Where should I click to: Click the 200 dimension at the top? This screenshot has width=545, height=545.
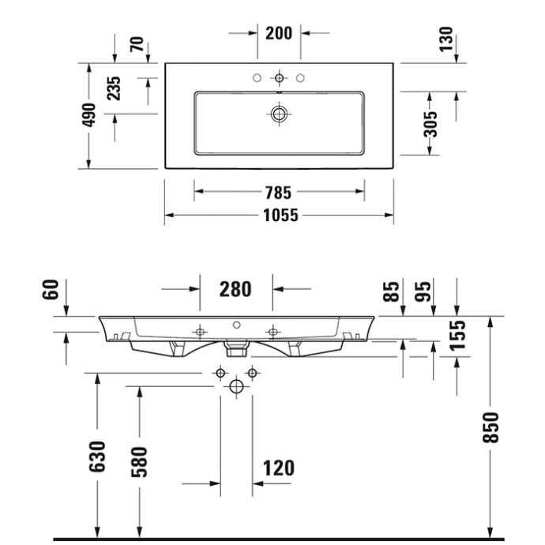pyautogui.click(x=279, y=32)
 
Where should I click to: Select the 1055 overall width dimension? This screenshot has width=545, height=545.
pyautogui.click(x=279, y=215)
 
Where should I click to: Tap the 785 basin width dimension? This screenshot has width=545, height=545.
pyautogui.click(x=279, y=192)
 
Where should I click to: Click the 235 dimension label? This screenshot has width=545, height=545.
pyautogui.click(x=115, y=88)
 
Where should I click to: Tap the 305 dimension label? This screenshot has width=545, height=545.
pyautogui.click(x=430, y=122)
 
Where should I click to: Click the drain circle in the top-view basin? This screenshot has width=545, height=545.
pyautogui.click(x=279, y=115)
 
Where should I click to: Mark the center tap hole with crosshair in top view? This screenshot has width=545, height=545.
pyautogui.click(x=279, y=78)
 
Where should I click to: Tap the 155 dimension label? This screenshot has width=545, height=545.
pyautogui.click(x=457, y=333)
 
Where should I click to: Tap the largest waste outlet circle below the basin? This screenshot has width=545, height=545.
pyautogui.click(x=235, y=386)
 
